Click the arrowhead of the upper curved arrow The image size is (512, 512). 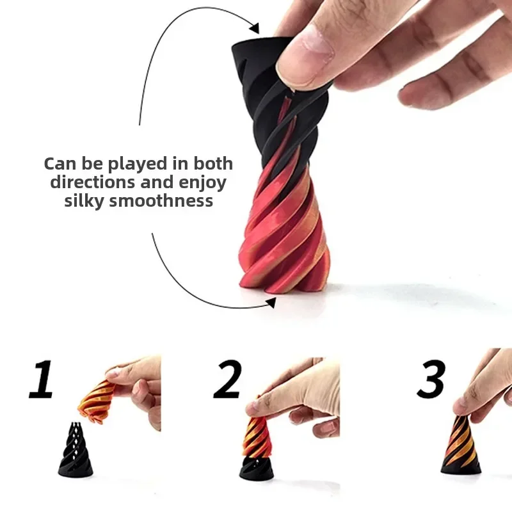click(x=254, y=28)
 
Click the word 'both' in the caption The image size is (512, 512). click(x=212, y=164)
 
